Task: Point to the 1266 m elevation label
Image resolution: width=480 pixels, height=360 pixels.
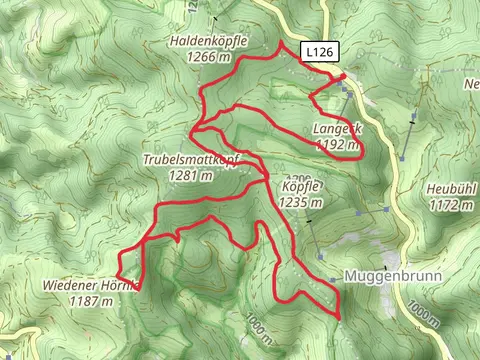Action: [x=208, y=57]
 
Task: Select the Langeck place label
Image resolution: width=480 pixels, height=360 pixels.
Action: [x=337, y=130]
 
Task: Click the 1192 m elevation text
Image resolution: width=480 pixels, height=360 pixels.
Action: [x=336, y=145]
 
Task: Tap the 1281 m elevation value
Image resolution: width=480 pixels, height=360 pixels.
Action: [x=191, y=175]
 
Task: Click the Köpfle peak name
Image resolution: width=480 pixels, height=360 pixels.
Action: [x=300, y=187]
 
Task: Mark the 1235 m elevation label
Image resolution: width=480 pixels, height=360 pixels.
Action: [x=301, y=202]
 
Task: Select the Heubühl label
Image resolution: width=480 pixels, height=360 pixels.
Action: [x=450, y=190]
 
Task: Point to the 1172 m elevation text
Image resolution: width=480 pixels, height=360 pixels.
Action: [x=450, y=205]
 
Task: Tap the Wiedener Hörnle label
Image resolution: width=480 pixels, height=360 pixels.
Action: [x=90, y=285]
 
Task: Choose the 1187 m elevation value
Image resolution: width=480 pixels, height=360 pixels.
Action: [x=90, y=299]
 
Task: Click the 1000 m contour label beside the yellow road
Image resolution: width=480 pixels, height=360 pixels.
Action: [x=423, y=313]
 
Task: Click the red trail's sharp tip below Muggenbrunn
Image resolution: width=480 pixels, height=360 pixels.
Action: [x=339, y=318]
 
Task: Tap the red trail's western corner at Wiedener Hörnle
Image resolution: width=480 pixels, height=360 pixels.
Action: [x=117, y=271]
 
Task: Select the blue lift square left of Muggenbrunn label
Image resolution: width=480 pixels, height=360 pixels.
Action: [x=332, y=279]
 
